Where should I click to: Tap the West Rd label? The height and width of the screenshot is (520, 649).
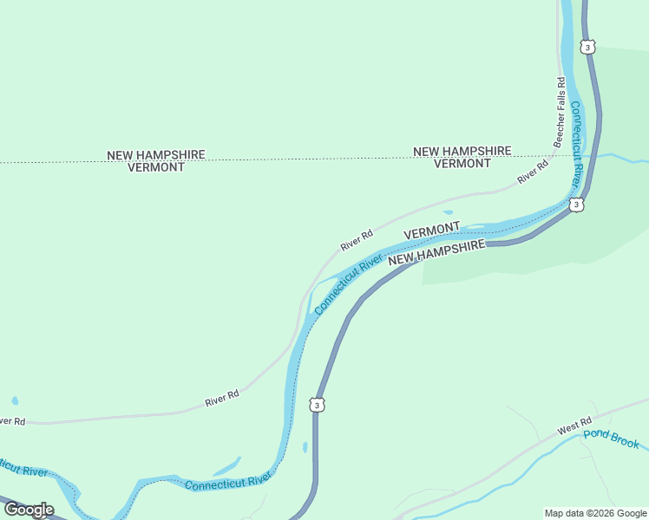(x=574, y=429)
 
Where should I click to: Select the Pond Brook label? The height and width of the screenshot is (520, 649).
(x=611, y=439)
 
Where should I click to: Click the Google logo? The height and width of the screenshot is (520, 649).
(x=28, y=510)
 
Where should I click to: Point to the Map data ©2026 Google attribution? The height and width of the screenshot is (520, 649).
(x=596, y=513)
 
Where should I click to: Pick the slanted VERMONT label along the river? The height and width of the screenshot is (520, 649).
(x=432, y=231)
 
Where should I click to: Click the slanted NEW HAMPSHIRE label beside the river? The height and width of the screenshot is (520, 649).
(x=436, y=252)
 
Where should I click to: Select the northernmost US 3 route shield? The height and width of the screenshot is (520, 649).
(x=588, y=47)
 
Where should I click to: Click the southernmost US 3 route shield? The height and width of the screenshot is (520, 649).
(x=318, y=405)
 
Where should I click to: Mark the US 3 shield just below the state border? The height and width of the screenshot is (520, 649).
(x=576, y=205)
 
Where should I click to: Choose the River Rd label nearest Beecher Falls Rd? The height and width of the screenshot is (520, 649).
(x=534, y=172)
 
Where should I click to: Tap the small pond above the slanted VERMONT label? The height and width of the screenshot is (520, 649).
(x=448, y=211)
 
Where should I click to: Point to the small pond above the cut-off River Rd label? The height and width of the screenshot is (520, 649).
(x=15, y=400)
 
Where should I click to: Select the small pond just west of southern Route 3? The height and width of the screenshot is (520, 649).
(x=305, y=447)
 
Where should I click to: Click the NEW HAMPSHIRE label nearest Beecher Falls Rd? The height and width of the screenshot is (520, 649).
(x=462, y=151)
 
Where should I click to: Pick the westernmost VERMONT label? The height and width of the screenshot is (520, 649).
(x=156, y=167)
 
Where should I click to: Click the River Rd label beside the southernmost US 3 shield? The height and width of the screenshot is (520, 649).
(x=222, y=399)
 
